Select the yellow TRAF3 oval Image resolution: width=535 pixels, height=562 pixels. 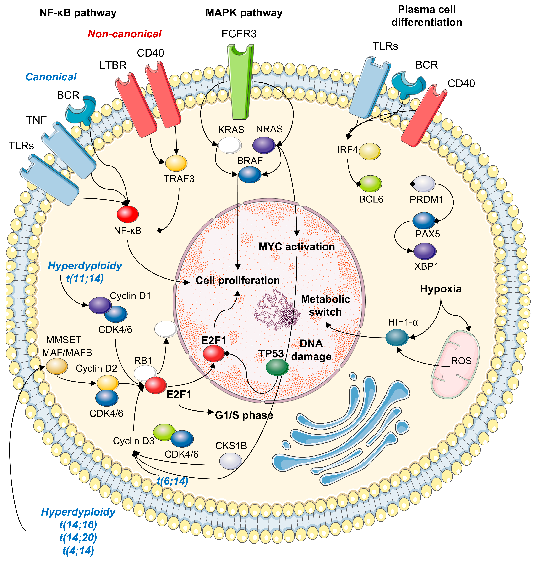(x=176, y=163)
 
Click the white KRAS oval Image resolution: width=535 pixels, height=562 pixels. (x=229, y=145)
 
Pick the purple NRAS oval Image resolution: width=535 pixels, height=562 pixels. (x=264, y=145)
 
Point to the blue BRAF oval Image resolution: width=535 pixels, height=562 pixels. (x=250, y=175)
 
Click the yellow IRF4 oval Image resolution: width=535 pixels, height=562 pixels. (x=370, y=151)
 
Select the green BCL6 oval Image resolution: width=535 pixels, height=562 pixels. (x=370, y=184)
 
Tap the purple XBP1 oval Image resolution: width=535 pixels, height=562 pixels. (x=425, y=251)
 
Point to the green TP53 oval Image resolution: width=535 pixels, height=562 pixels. (x=277, y=367)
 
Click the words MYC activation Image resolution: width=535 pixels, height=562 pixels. (x=297, y=247)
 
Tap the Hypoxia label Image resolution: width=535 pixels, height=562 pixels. (x=441, y=289)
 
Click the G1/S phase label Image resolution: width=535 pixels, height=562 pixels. (x=244, y=415)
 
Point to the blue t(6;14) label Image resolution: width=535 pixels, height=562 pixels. (x=173, y=481)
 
